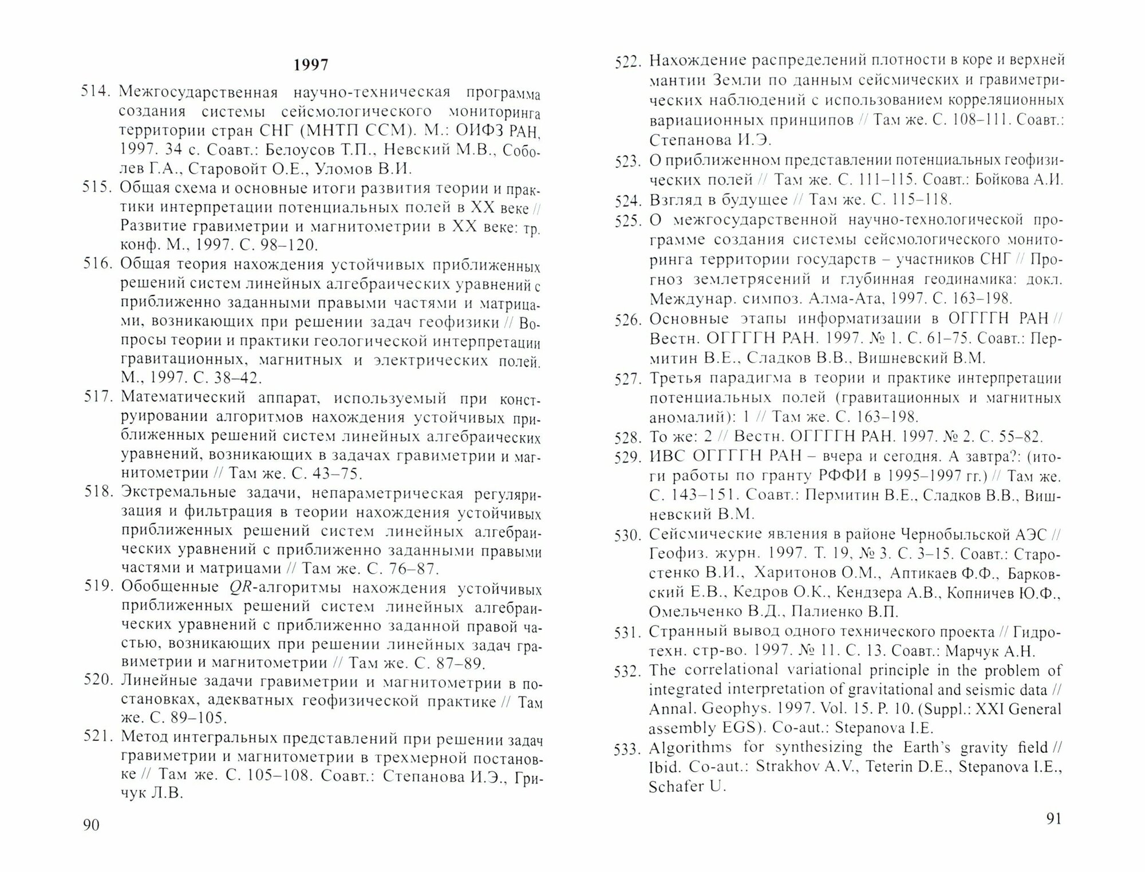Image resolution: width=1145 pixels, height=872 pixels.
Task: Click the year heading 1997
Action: (x=311, y=65)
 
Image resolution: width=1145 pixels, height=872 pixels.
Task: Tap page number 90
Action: (x=92, y=825)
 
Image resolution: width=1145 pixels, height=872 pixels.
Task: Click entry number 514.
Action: (x=97, y=92)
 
